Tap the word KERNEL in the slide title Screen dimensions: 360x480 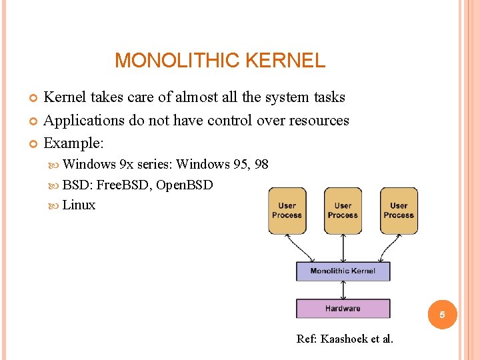pyautogui.click(x=285, y=61)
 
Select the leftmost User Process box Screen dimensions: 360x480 pyautogui.click(x=287, y=211)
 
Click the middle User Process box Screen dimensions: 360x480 pyautogui.click(x=343, y=211)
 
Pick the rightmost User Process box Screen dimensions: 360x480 pyautogui.click(x=399, y=211)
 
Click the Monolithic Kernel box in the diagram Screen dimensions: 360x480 pyautogui.click(x=343, y=271)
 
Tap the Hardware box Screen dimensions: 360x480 pyautogui.click(x=343, y=309)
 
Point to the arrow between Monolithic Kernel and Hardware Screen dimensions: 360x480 pyautogui.click(x=343, y=290)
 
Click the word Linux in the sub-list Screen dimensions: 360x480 pyautogui.click(x=79, y=205)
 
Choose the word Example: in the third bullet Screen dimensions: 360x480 pyautogui.click(x=73, y=143)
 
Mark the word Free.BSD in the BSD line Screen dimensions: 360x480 pyautogui.click(x=124, y=185)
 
